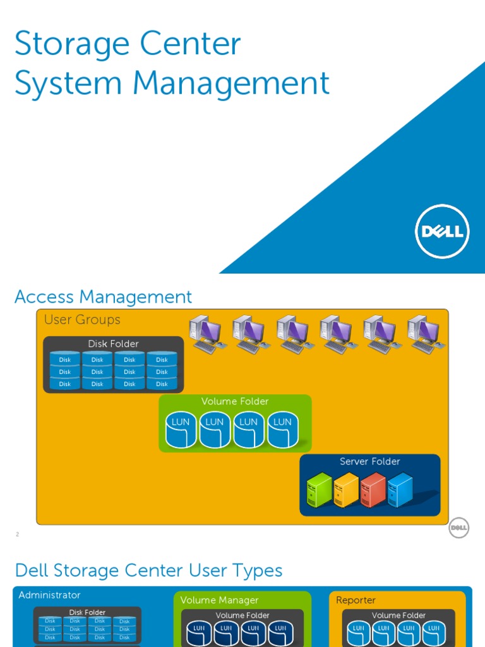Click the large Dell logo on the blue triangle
coord(442,231)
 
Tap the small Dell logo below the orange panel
coord(459,528)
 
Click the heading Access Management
coord(103,297)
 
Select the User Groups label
coord(82,320)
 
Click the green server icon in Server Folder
coord(319,491)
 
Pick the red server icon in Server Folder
coord(373,491)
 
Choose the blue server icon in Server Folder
coord(400,491)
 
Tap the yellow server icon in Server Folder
coord(346,491)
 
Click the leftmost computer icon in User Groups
coord(207,334)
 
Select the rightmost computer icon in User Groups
coord(425,334)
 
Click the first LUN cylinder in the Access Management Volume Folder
coord(181,430)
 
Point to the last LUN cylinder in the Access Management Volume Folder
coord(282,430)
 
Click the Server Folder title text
coord(369,462)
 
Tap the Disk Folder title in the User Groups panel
coord(113,344)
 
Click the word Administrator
coord(49,595)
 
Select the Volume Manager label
coord(219,600)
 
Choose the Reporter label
coord(356,600)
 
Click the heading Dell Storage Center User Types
coord(148,571)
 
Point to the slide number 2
coord(18,535)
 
